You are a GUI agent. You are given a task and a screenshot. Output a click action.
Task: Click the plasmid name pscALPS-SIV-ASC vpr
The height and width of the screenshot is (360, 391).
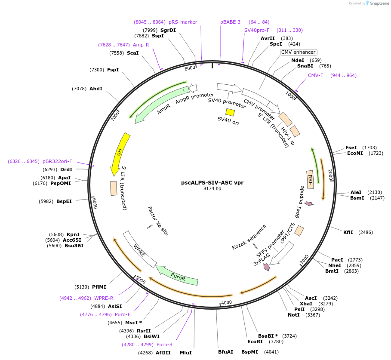[x=212, y=182]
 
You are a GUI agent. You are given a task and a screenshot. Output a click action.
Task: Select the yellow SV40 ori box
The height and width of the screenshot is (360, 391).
[x=231, y=112]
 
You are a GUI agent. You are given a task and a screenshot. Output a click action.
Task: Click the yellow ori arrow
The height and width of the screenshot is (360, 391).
[x=120, y=153]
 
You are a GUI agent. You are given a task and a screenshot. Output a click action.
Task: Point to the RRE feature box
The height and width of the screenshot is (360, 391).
[x=310, y=178]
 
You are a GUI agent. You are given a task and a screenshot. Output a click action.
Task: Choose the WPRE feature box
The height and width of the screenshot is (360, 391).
[x=139, y=249]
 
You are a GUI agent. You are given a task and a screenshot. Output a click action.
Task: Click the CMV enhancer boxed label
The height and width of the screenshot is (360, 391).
[x=298, y=52]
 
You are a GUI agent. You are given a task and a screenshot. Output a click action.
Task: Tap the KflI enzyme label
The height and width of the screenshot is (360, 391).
[x=348, y=232]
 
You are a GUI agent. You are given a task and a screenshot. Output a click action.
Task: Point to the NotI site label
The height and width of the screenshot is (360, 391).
[x=294, y=315]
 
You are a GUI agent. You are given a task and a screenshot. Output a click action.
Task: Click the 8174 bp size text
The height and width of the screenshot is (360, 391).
[x=212, y=188]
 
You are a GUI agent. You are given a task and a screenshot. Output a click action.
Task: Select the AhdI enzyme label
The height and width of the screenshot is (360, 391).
[x=96, y=89]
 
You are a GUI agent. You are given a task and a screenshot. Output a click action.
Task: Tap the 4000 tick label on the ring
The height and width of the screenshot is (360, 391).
[x=227, y=302]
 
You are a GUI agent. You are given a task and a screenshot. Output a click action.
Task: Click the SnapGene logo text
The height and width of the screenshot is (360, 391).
[x=379, y=3]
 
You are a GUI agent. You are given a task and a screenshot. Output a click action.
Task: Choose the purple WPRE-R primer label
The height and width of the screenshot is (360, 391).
[x=104, y=298]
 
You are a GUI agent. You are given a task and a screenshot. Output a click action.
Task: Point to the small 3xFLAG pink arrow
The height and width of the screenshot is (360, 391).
[x=267, y=267]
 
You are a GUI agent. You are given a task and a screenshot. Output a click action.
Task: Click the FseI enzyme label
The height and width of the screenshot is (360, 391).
[x=351, y=148]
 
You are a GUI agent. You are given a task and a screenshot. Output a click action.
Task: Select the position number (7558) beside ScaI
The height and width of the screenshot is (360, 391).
[x=117, y=53]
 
